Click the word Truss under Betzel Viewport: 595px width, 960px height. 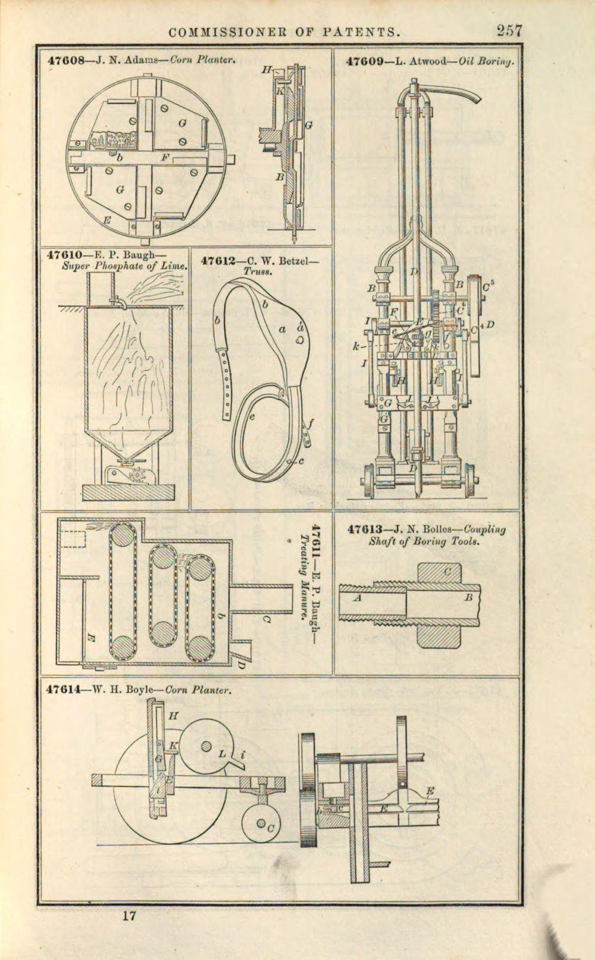click(257, 270)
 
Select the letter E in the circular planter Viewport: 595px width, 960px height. click(107, 220)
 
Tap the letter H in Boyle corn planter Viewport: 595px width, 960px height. click(173, 716)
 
